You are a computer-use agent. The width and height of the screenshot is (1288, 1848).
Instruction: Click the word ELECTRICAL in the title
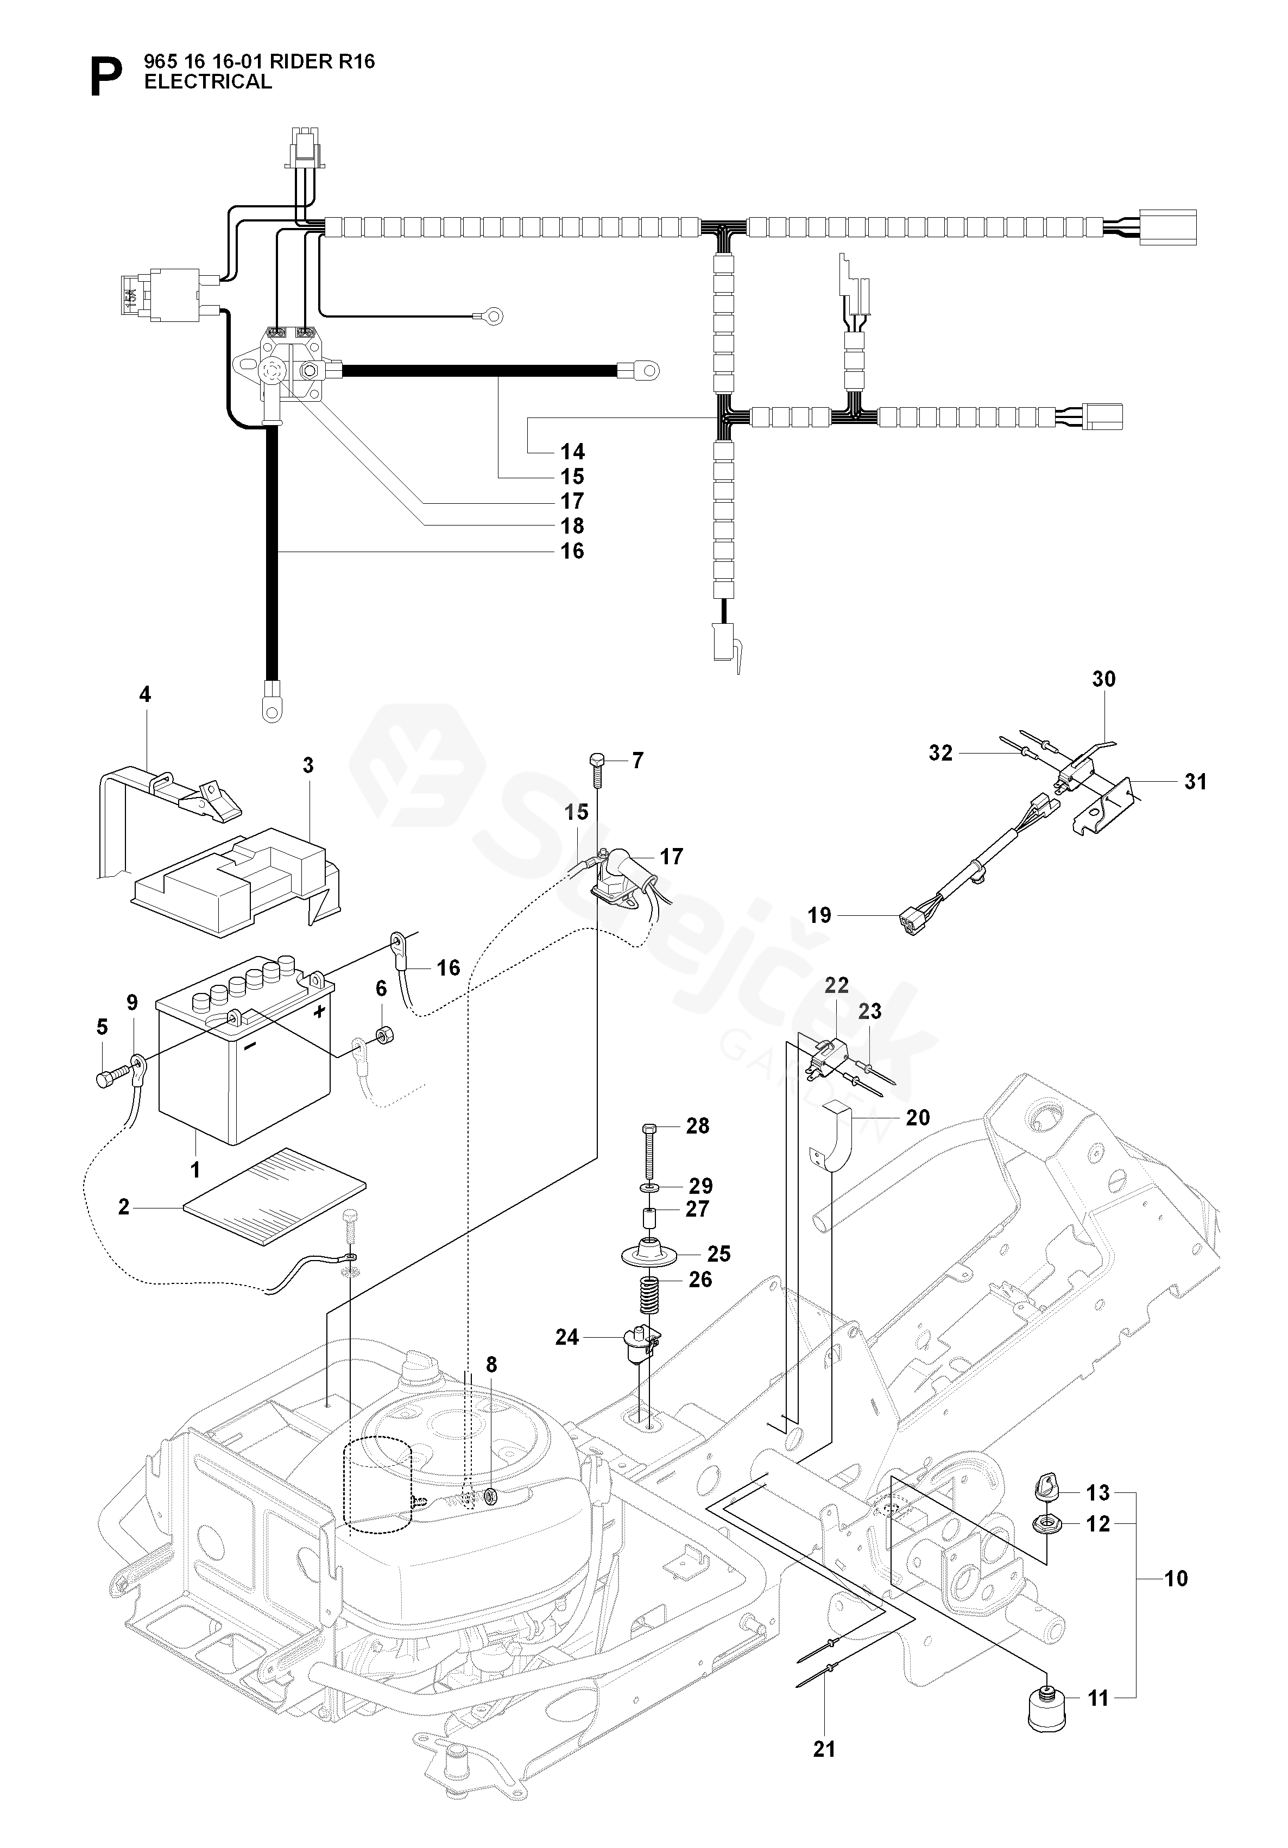click(x=207, y=81)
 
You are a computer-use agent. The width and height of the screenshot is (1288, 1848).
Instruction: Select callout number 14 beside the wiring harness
click(x=572, y=452)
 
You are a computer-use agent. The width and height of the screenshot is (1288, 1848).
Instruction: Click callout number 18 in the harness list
click(x=572, y=527)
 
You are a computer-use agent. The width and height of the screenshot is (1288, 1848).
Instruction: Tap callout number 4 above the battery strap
click(x=145, y=694)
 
